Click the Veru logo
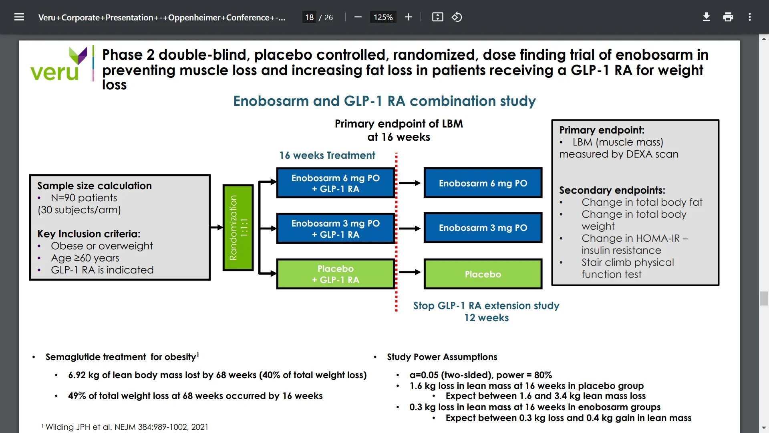[x=58, y=64]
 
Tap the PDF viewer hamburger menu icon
[x=19, y=17]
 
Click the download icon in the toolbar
[x=707, y=17]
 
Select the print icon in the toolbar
[x=728, y=17]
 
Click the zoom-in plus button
[x=409, y=17]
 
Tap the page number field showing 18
[x=309, y=17]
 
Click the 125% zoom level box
[x=383, y=17]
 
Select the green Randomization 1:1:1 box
[x=238, y=227]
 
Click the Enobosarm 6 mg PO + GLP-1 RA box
[x=336, y=183]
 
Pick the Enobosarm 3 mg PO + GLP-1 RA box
[x=336, y=229]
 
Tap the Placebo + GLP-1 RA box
[x=336, y=274]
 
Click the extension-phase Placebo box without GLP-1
[x=483, y=274]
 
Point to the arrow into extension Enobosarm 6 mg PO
[x=410, y=183]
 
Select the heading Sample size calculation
[x=95, y=186]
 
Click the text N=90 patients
[x=84, y=198]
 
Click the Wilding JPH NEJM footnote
[x=127, y=427]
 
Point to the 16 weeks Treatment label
[x=327, y=155]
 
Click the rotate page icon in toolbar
[x=457, y=17]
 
